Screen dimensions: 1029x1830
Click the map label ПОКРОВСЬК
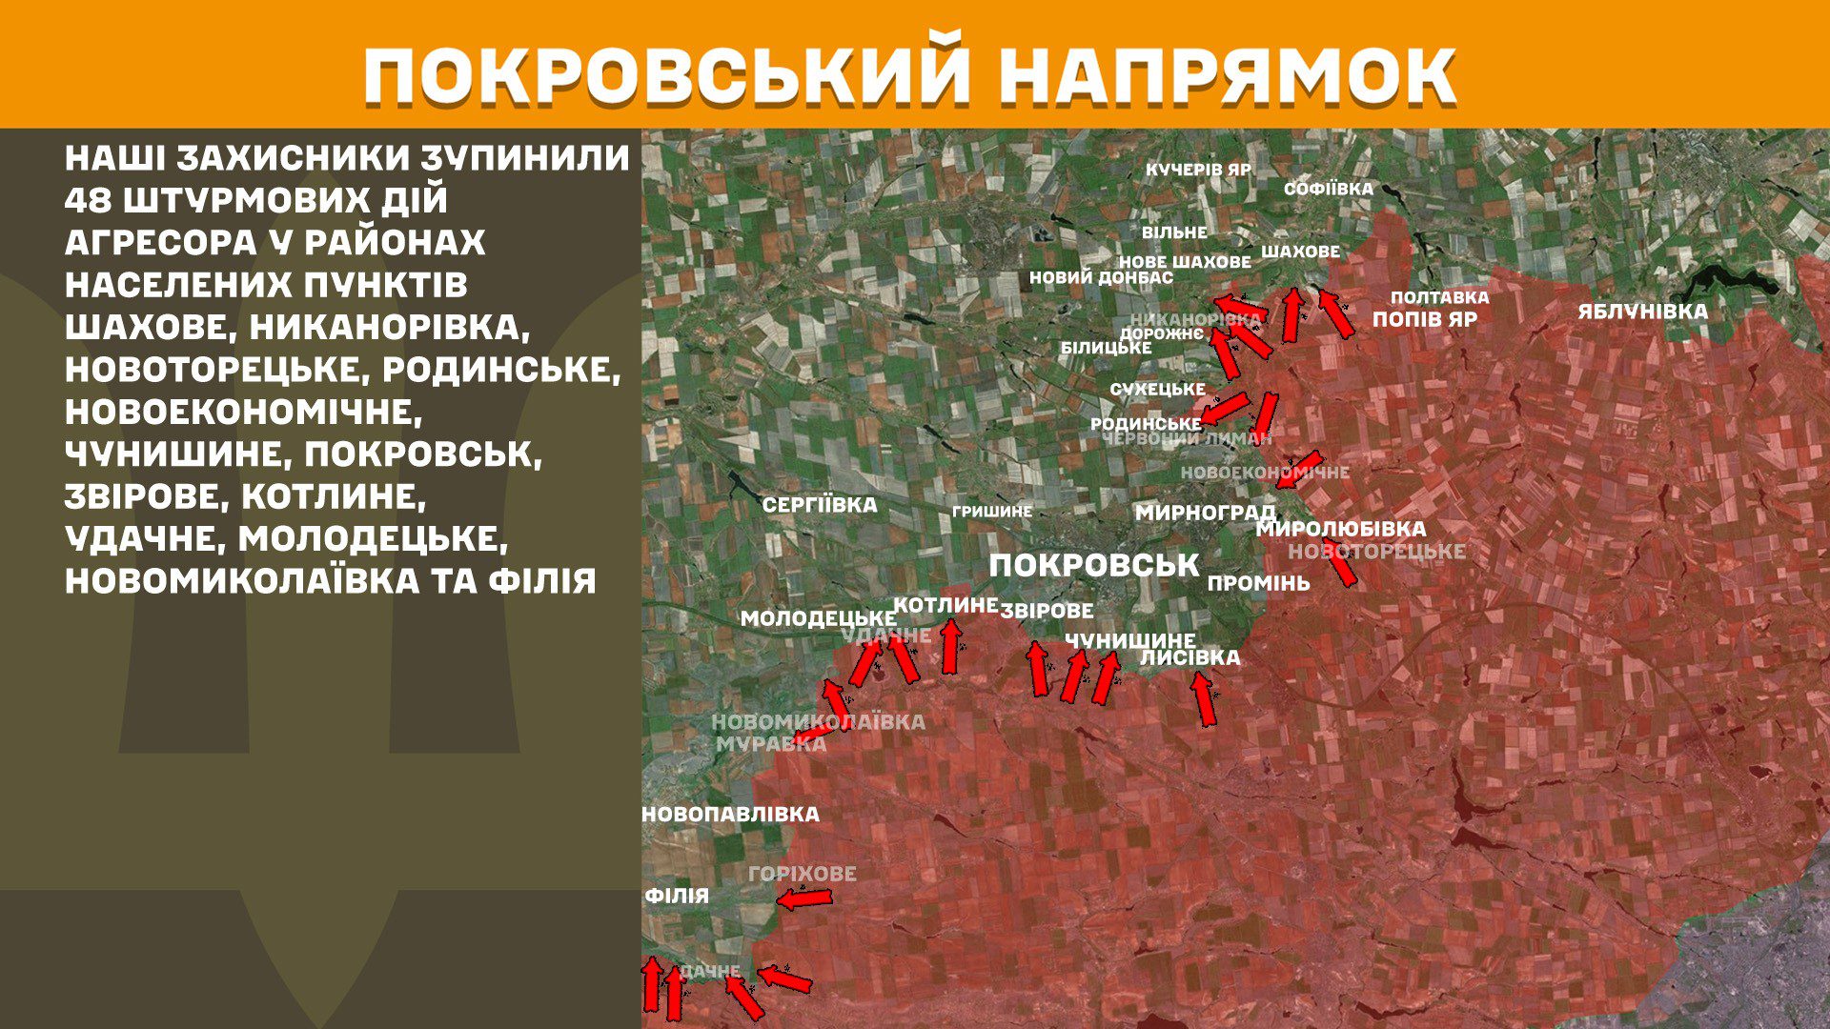point(1093,565)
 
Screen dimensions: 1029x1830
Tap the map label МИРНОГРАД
point(1205,513)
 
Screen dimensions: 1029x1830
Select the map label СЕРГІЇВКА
point(820,505)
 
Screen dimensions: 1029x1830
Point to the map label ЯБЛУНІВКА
point(1642,312)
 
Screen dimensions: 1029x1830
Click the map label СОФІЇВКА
point(1328,189)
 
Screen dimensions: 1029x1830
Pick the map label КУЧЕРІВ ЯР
point(1198,170)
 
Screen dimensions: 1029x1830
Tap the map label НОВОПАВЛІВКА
point(730,815)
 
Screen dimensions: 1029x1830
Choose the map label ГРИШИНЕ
point(991,512)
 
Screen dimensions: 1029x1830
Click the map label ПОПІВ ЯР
point(1424,319)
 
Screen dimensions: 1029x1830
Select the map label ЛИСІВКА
point(1189,657)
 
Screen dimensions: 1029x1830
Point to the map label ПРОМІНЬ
point(1258,583)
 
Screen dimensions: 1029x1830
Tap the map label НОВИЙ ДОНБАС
point(1101,278)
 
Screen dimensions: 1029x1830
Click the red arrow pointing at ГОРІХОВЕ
point(804,898)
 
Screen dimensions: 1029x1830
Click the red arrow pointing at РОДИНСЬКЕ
point(1224,408)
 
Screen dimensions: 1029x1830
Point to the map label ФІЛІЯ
point(677,896)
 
